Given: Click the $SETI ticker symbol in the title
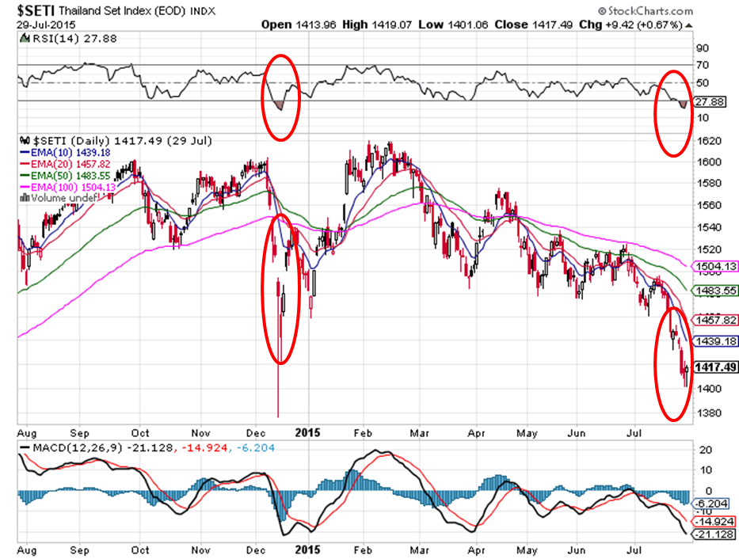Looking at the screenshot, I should coord(34,11).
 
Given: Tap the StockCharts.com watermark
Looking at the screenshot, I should coord(645,11).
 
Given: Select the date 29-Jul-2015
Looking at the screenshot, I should coord(43,25).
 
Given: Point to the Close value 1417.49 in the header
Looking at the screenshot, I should coord(540,25).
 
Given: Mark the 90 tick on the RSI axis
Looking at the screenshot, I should coord(703,48).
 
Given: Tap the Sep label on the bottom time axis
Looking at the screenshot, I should coord(80,547).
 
